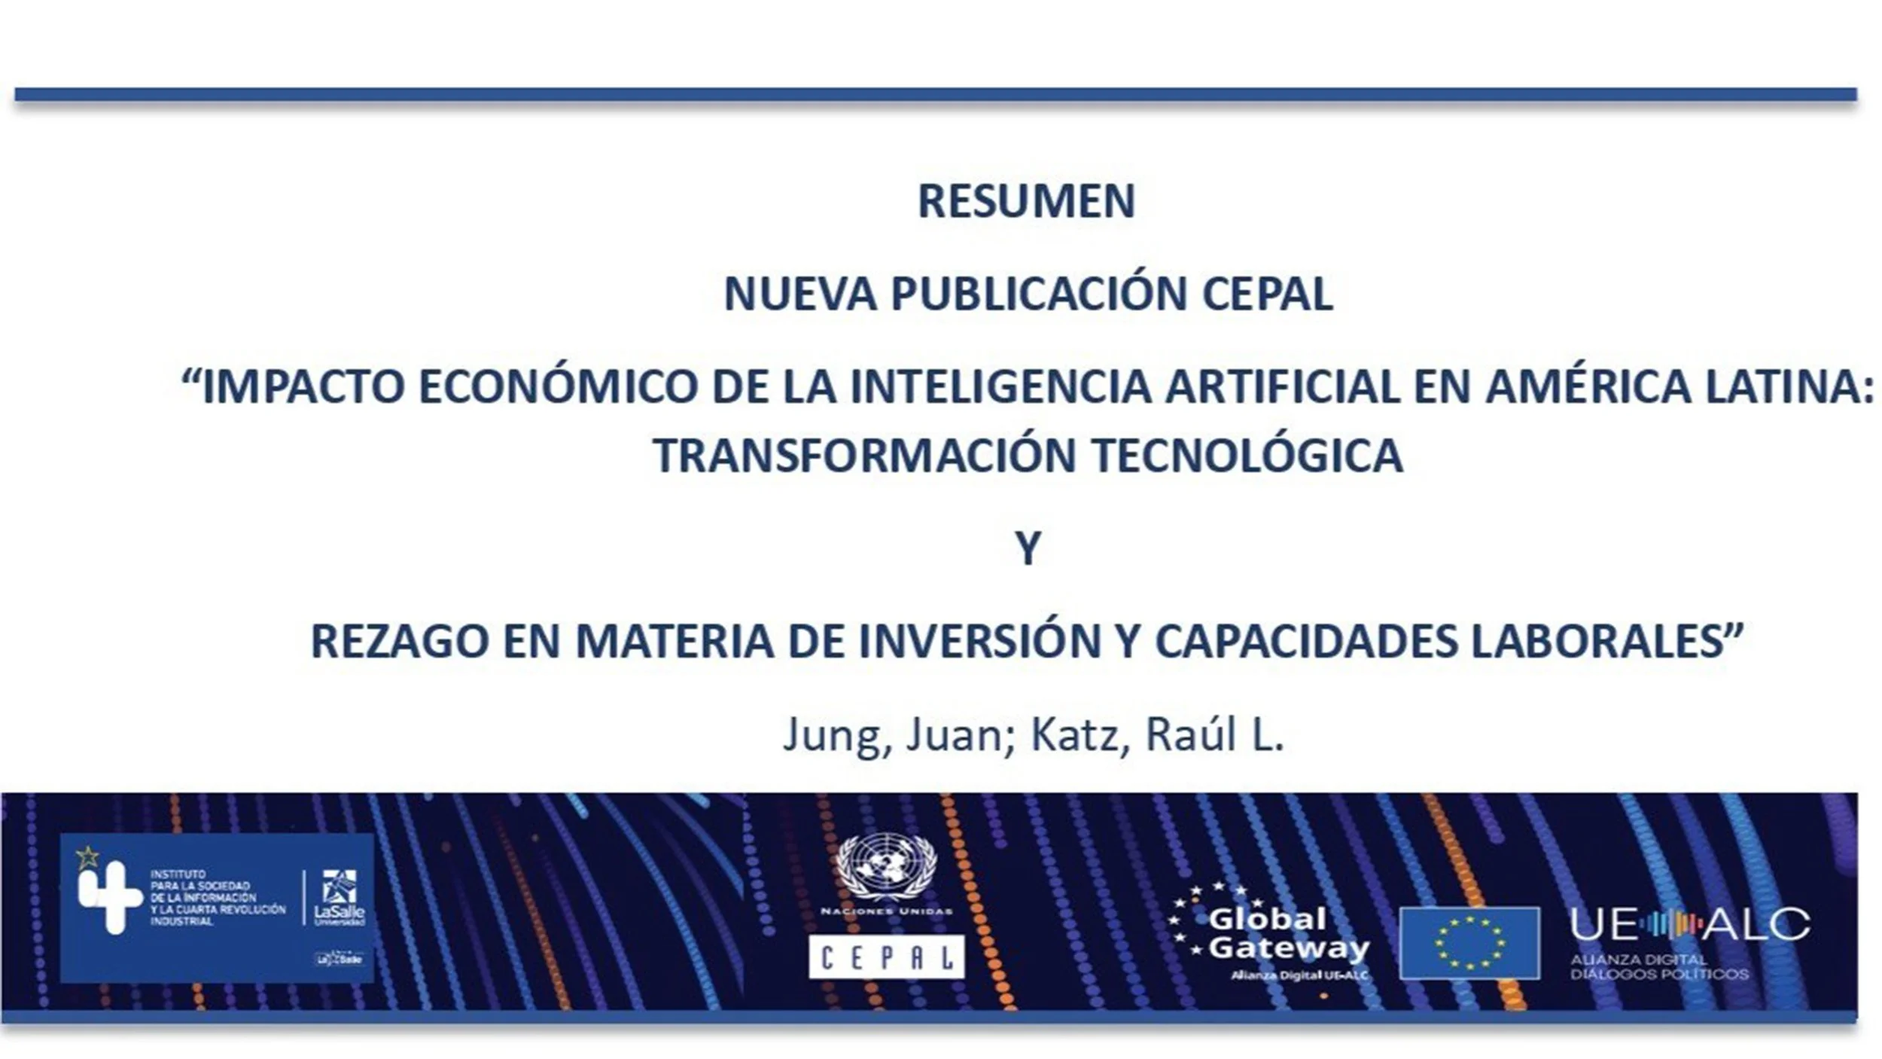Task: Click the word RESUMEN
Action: [1025, 202]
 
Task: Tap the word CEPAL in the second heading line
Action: [1267, 295]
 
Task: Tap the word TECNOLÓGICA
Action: [1247, 456]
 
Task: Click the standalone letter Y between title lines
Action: [1028, 548]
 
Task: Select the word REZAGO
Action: [399, 642]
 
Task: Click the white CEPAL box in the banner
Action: [886, 957]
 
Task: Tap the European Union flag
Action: [1469, 942]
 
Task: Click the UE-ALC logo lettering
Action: [1689, 924]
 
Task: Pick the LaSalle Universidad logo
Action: [340, 897]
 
